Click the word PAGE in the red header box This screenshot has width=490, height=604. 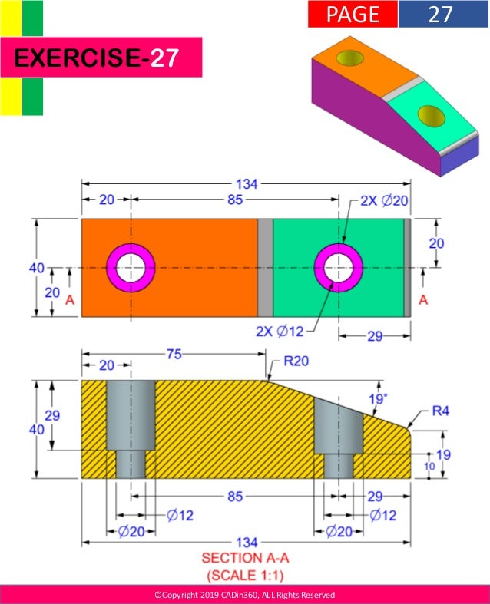(353, 14)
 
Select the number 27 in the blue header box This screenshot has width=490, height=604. (440, 14)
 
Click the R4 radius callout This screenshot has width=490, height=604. (439, 411)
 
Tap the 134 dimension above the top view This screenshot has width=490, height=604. (247, 183)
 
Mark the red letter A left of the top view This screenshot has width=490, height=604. (70, 301)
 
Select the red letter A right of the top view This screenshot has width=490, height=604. (423, 301)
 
